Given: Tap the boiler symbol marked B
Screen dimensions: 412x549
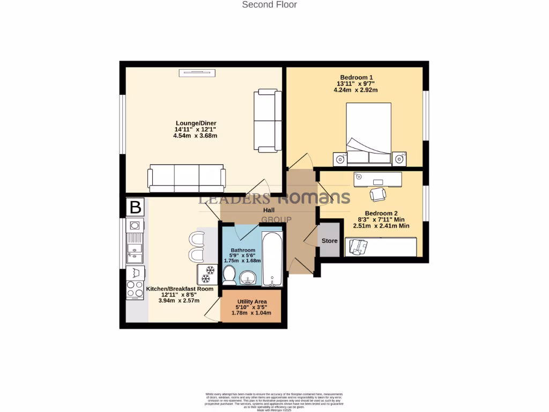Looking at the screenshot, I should pos(135,207).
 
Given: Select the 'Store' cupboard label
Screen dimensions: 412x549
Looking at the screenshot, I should pos(330,241).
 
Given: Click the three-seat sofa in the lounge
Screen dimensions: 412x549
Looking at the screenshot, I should pos(187,178).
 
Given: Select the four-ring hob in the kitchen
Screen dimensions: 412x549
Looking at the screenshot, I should pos(135,290).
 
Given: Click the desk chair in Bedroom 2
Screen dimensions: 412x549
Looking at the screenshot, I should pos(378,194).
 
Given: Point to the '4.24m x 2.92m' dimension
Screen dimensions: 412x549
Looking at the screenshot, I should pos(355,90).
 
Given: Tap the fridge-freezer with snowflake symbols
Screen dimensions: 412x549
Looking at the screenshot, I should pos(207,274).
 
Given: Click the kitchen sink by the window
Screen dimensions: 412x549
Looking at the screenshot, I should pos(135,252).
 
